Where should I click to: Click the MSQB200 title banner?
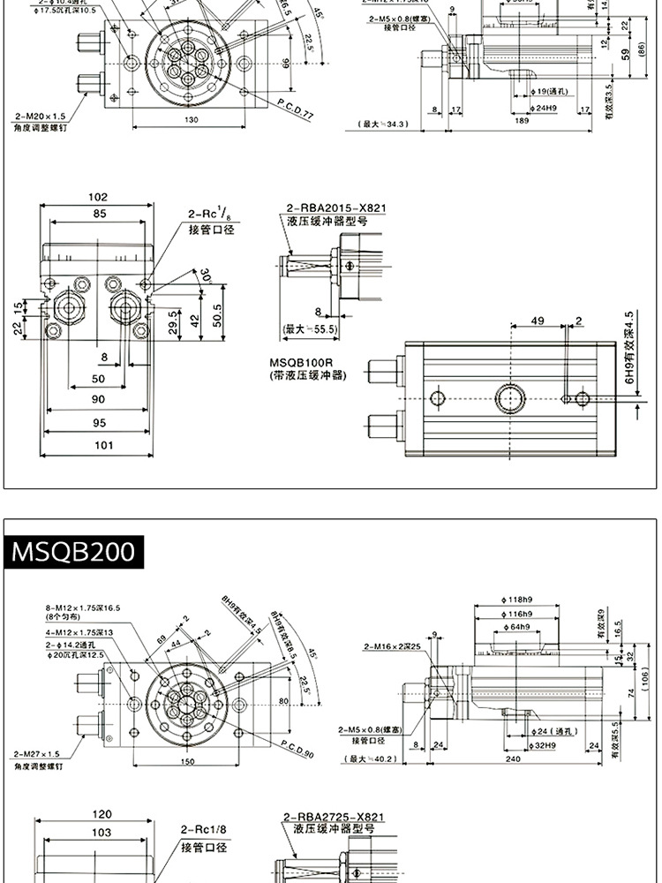coord(72,552)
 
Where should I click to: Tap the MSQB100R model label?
coord(301,362)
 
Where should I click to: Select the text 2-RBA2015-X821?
coord(335,208)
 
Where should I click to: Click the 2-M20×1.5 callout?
coord(40,116)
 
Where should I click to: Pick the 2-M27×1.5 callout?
coord(36,754)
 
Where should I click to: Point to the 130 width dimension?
coord(191,119)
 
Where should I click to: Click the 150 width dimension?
coord(187,761)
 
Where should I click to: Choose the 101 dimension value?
coord(103,445)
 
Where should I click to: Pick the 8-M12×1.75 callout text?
coord(83,608)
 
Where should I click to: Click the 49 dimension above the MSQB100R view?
coord(538,320)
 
